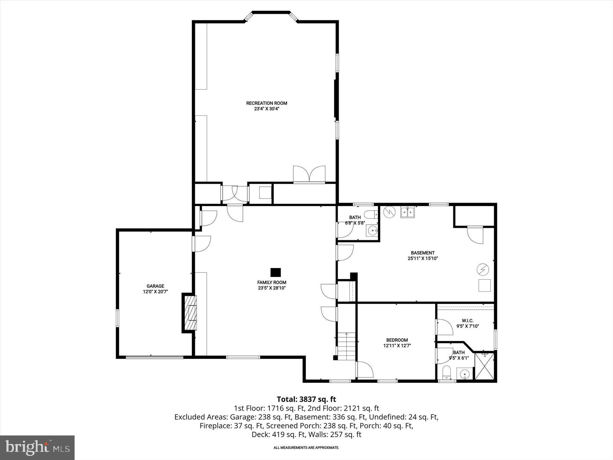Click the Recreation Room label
(267, 103)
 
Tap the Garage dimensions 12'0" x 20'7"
(155, 292)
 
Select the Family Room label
(271, 282)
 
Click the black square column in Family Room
(276, 272)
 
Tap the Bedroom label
(397, 340)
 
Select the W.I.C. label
(468, 321)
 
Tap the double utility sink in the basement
(407, 212)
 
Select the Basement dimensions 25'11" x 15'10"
(422, 258)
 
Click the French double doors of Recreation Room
(309, 174)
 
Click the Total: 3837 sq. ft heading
(306, 399)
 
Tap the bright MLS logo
(37, 447)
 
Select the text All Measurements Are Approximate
(306, 448)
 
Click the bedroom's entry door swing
(365, 370)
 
